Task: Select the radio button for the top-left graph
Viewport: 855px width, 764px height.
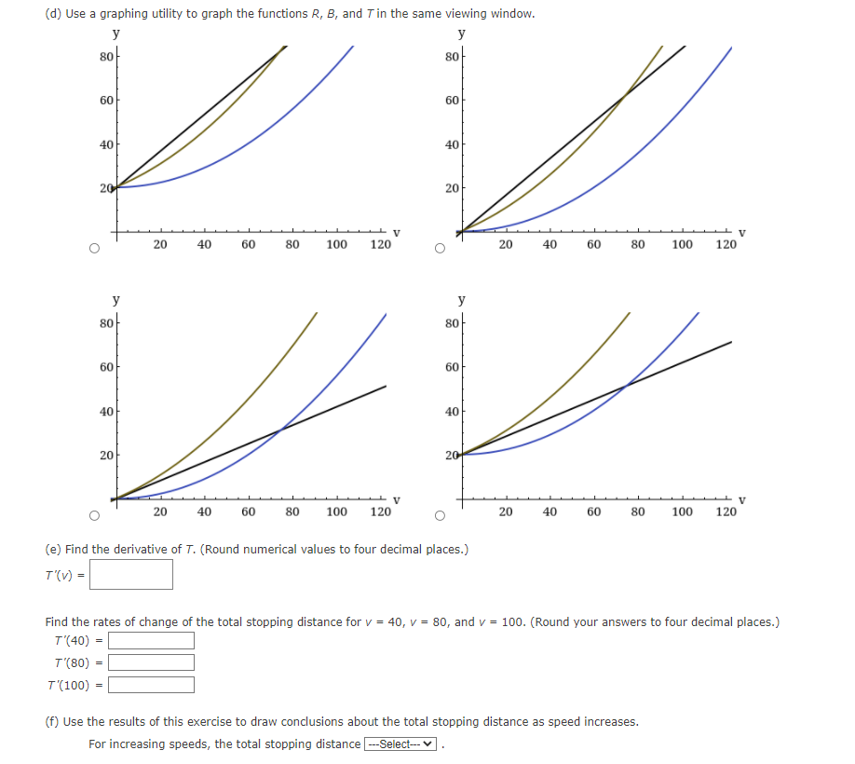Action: (x=94, y=249)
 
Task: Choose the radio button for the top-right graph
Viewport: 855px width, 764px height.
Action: (x=439, y=249)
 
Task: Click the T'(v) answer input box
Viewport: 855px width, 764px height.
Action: (x=131, y=574)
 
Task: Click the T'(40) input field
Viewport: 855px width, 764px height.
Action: (x=152, y=641)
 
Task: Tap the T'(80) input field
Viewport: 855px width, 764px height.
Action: (x=152, y=662)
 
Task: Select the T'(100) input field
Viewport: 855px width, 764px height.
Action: (x=152, y=686)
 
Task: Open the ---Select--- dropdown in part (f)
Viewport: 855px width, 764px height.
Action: (x=401, y=744)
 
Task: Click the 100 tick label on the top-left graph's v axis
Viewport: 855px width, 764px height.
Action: (x=336, y=245)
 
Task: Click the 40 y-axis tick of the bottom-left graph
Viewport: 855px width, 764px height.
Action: (x=105, y=411)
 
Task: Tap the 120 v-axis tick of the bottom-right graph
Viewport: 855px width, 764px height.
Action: (x=726, y=512)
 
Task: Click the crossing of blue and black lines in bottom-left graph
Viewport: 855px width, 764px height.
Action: (x=281, y=428)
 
